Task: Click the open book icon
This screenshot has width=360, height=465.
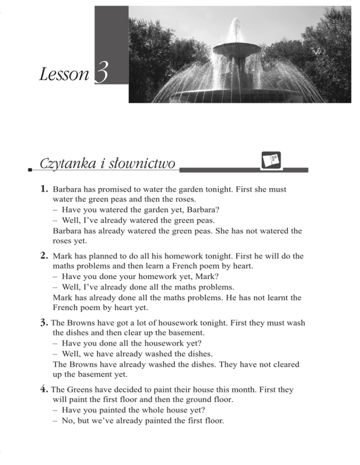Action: click(x=271, y=160)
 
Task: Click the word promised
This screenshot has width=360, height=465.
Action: click(x=124, y=191)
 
